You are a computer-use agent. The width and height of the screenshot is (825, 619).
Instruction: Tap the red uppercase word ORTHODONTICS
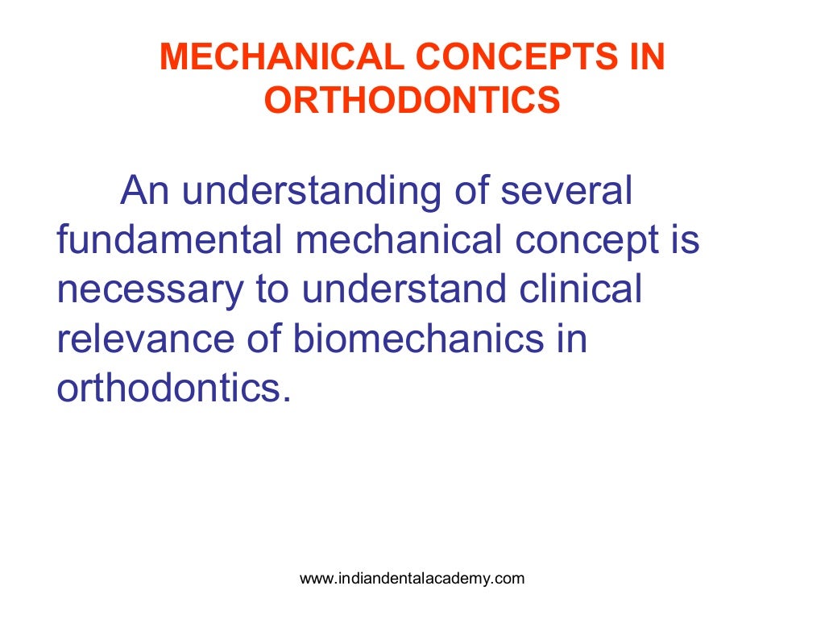tap(412, 101)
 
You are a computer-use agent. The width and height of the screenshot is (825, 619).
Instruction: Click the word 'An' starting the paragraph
tap(144, 193)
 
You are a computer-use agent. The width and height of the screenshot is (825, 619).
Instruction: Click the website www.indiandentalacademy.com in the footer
tap(412, 578)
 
